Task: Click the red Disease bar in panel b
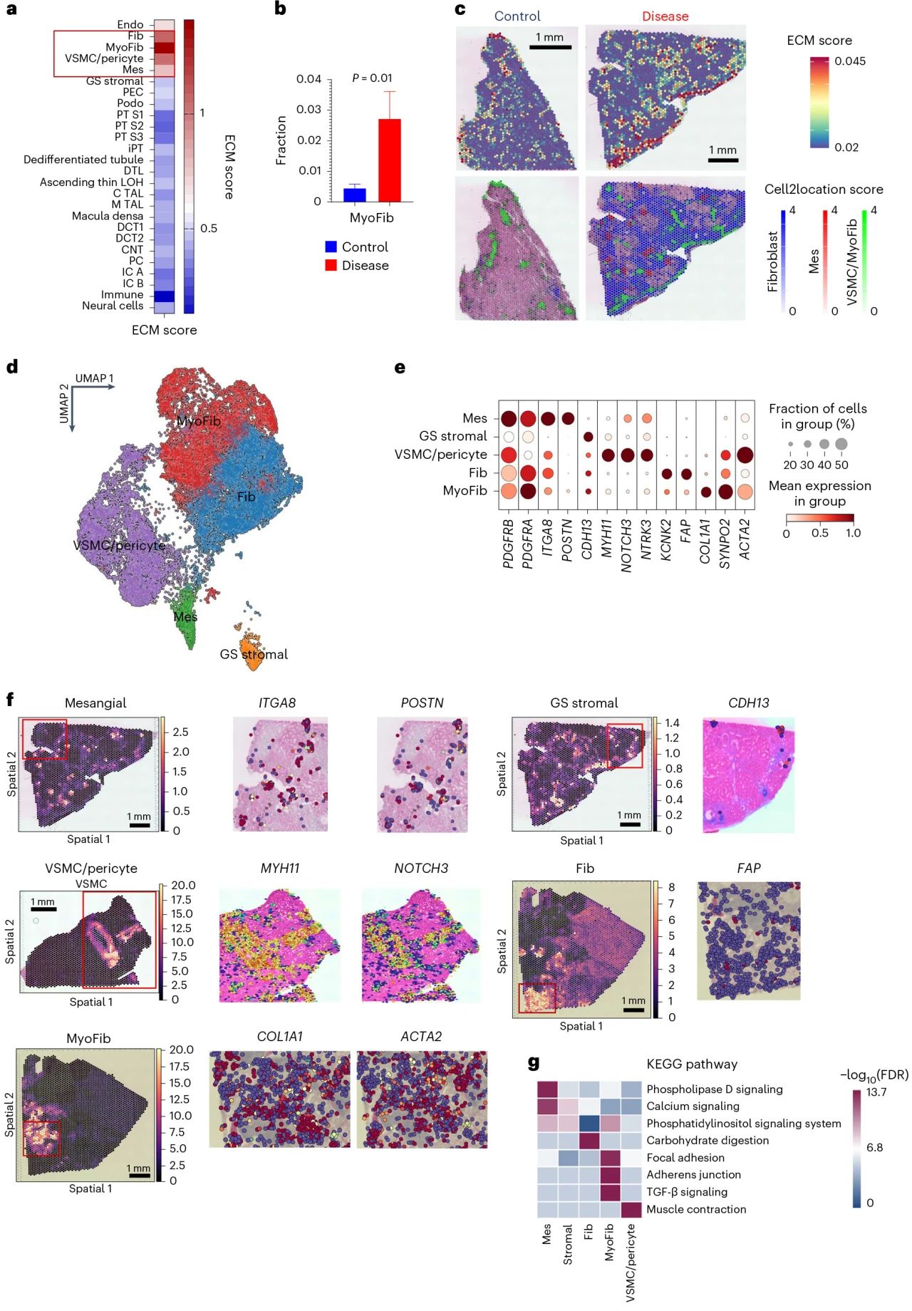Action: tap(389, 160)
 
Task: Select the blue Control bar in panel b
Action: tap(354, 195)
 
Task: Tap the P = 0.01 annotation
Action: tap(372, 78)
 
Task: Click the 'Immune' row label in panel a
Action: tap(122, 295)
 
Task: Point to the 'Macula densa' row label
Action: tap(108, 216)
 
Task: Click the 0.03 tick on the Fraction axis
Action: tap(309, 110)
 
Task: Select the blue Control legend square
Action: tap(331, 247)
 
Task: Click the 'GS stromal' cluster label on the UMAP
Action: tap(254, 654)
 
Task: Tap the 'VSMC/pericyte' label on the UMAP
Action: tap(119, 546)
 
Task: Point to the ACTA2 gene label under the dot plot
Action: tap(745, 539)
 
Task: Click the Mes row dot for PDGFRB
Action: tap(508, 418)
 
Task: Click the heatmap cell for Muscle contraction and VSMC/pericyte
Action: tap(631, 1209)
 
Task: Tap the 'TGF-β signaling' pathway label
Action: tap(687, 1192)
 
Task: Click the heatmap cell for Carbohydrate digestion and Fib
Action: tap(589, 1141)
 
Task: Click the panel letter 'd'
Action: tap(11, 367)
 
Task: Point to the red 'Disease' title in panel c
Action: tap(665, 16)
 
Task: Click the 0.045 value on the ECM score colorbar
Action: tap(850, 61)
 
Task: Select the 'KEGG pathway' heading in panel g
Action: tap(691, 1064)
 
